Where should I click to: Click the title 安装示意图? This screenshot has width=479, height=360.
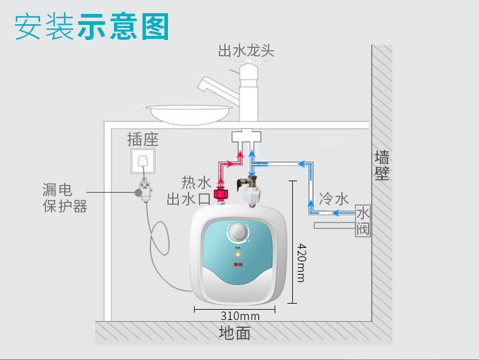coord(92,26)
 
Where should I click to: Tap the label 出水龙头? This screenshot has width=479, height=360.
coord(246,50)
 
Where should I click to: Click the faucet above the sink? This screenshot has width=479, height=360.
coord(246,91)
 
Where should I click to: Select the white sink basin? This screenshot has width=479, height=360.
coord(189,113)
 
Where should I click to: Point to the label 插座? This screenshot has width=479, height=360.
coord(143,139)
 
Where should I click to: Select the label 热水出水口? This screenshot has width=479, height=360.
coord(189,190)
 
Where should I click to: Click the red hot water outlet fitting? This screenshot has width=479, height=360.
coord(223,195)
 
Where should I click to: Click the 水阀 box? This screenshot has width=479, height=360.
coord(363,221)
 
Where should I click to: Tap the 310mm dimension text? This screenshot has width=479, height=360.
coord(240,316)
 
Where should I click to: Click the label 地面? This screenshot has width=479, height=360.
coord(235,333)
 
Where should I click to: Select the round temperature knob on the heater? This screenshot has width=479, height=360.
coord(238,232)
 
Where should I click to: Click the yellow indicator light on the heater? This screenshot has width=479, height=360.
coord(238,254)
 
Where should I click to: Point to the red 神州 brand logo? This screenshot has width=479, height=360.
coord(238,264)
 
